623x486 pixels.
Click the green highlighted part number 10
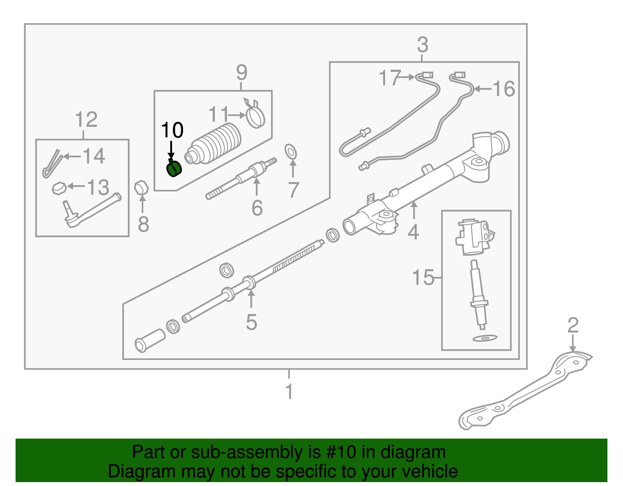[174, 169]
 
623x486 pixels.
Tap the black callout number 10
[172, 130]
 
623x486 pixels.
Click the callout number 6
[257, 208]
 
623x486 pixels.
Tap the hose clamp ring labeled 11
[256, 117]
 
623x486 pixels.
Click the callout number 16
[504, 89]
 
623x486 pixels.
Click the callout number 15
[423, 277]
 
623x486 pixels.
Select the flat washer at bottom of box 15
[484, 338]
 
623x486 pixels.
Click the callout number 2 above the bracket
[573, 325]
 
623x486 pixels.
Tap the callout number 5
[252, 322]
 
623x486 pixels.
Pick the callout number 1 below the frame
[289, 391]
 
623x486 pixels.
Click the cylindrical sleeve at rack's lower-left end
[150, 340]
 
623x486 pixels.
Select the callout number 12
[86, 119]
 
